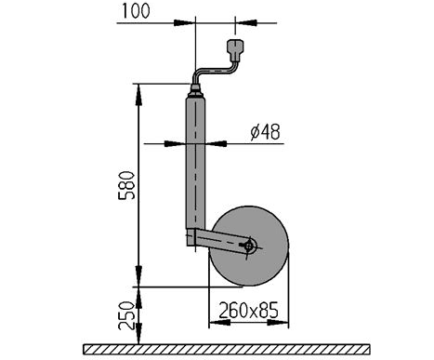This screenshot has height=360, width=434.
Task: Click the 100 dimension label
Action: coord(136,11)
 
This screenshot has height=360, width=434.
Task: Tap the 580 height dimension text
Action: coord(127,185)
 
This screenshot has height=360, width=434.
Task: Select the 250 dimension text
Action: coord(127,315)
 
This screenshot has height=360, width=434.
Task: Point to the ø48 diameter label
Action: coord(265,132)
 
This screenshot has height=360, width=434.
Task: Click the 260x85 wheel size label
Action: coord(248,310)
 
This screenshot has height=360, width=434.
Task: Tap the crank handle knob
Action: coord(236,50)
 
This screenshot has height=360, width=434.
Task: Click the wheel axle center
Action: coord(249,247)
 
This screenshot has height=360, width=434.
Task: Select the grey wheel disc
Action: coord(249,246)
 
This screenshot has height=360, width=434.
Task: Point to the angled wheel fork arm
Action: coord(221,240)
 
